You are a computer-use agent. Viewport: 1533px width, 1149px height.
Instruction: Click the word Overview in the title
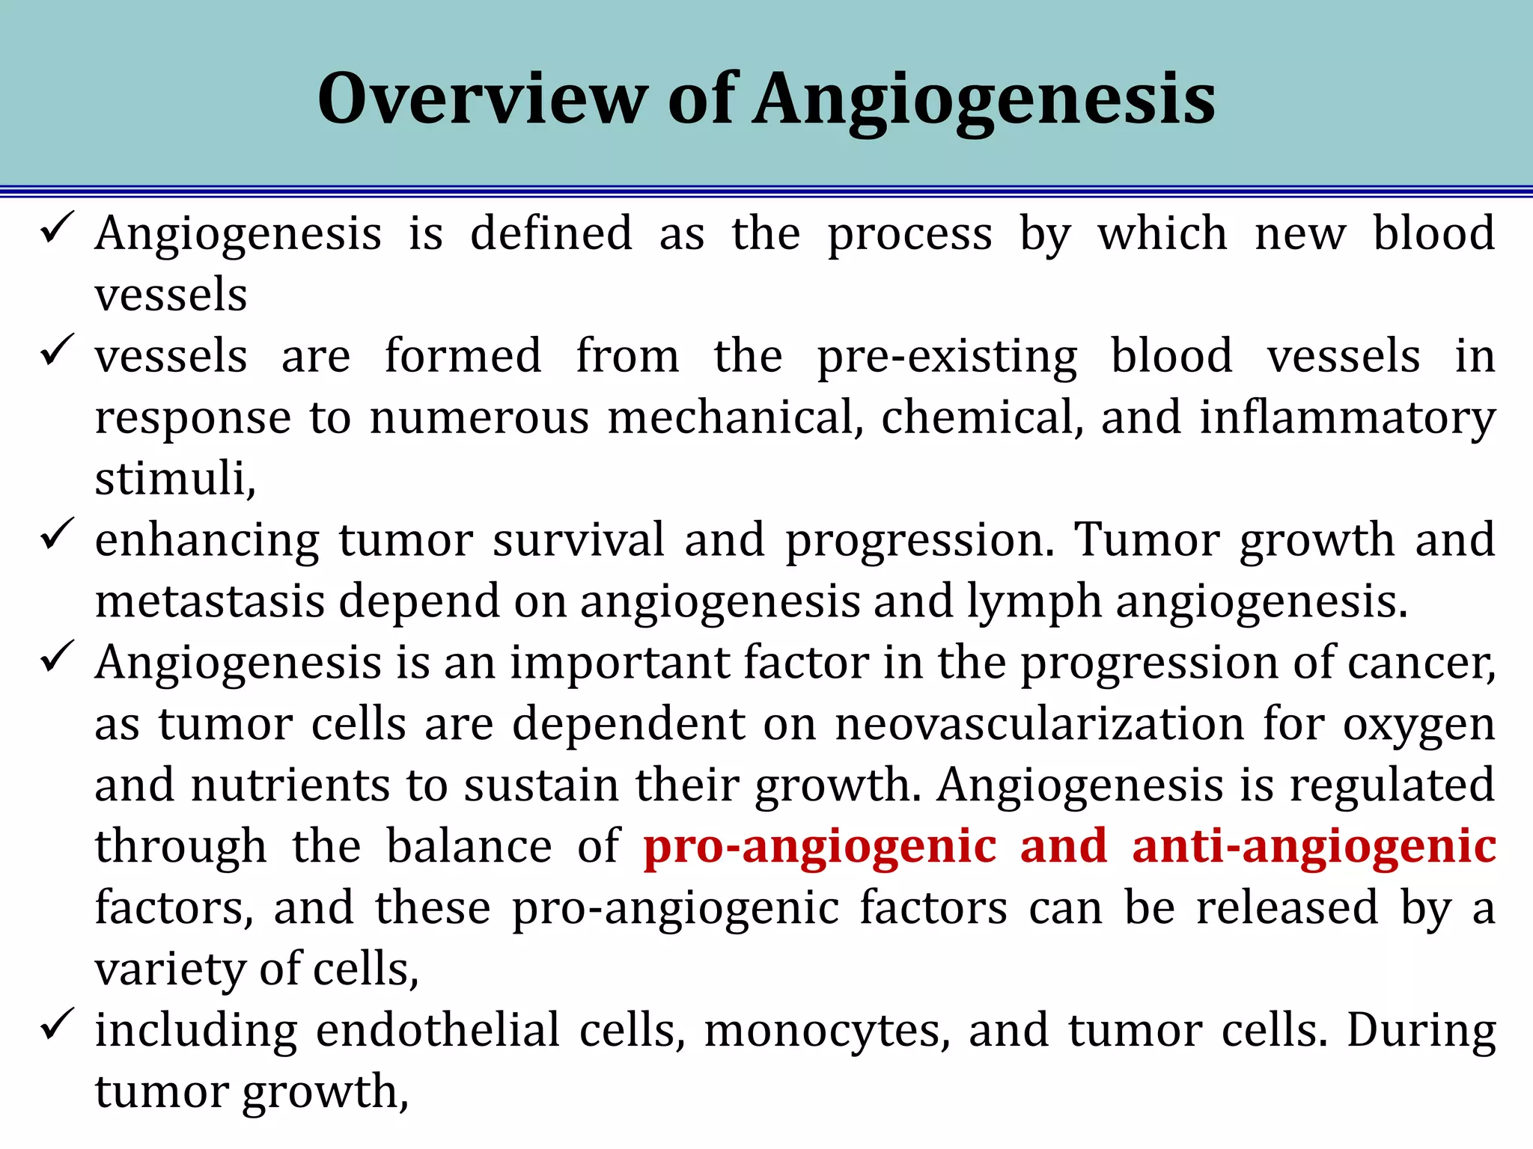pos(482,99)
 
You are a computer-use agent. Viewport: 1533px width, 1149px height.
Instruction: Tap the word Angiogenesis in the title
pos(984,99)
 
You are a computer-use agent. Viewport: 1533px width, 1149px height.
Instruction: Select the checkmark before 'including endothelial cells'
pos(57,1023)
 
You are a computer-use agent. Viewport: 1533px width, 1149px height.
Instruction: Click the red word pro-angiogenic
pos(820,847)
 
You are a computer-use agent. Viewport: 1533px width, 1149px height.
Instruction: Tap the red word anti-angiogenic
pos(1314,847)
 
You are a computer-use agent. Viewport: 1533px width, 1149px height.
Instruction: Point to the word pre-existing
pos(946,356)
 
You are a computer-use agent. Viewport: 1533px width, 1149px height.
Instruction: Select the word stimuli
pos(174,479)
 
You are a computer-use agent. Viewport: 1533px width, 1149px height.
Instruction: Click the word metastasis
pos(210,601)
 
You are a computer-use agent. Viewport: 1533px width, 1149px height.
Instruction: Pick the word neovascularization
pos(1039,724)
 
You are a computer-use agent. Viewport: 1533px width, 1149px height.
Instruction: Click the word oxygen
pos(1418,726)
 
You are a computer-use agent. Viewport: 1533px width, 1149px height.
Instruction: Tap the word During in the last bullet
pos(1421,1031)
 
